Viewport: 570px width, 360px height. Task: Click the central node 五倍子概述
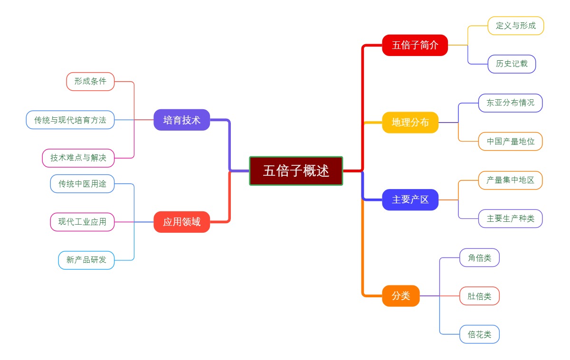click(296, 171)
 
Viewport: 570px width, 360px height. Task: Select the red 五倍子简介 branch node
click(415, 45)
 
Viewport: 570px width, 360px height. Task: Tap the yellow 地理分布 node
click(410, 123)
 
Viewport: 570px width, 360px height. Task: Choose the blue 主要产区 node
click(410, 199)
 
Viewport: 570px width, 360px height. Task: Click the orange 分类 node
click(400, 296)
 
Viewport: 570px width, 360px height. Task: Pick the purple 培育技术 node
click(181, 120)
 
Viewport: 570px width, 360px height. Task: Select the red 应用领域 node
click(181, 222)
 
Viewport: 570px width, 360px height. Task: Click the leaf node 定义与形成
click(515, 26)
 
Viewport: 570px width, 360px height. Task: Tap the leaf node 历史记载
click(512, 64)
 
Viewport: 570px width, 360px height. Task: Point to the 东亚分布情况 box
click(510, 103)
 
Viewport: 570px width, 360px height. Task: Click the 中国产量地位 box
click(510, 142)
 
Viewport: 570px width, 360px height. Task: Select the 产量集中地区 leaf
click(510, 180)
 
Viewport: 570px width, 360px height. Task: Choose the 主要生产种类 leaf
click(510, 218)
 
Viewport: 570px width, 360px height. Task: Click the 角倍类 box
click(479, 257)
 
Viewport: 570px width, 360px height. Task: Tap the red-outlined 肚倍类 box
click(479, 296)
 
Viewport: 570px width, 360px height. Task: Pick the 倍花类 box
click(479, 334)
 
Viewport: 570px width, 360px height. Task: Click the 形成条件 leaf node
click(90, 81)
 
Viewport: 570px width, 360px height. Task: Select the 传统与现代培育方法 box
click(70, 120)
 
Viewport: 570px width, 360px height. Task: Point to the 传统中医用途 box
click(82, 184)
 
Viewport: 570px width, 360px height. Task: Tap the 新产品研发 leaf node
click(86, 260)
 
